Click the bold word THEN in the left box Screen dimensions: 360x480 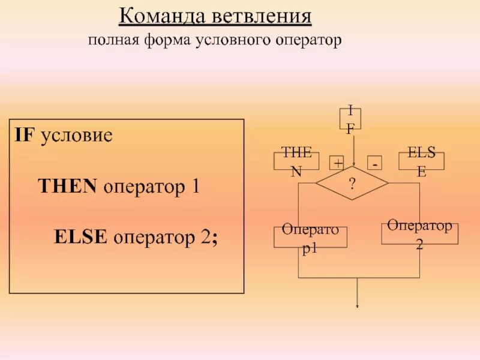(x=68, y=187)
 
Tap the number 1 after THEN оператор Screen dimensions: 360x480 (x=194, y=187)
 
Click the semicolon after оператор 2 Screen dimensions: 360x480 (x=214, y=238)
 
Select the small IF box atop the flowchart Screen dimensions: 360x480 (x=350, y=118)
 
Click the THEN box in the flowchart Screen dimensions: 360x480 (x=296, y=161)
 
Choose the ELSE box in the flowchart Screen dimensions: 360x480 (x=422, y=161)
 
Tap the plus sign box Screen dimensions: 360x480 (x=338, y=163)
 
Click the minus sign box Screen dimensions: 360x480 (x=374, y=163)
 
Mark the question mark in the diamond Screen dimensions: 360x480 (x=353, y=184)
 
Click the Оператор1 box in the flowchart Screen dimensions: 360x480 (x=310, y=237)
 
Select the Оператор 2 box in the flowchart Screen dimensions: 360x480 (x=419, y=234)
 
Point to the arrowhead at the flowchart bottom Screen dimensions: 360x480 (x=358, y=305)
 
